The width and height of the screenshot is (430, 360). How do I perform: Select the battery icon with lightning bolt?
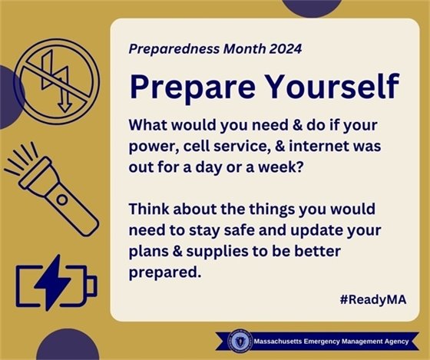56,285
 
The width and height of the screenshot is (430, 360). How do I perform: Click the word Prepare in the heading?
186,87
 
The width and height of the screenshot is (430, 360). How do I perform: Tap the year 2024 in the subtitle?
282,48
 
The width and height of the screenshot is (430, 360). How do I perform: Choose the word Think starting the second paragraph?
149,209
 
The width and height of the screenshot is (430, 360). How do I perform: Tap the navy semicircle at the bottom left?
68,348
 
